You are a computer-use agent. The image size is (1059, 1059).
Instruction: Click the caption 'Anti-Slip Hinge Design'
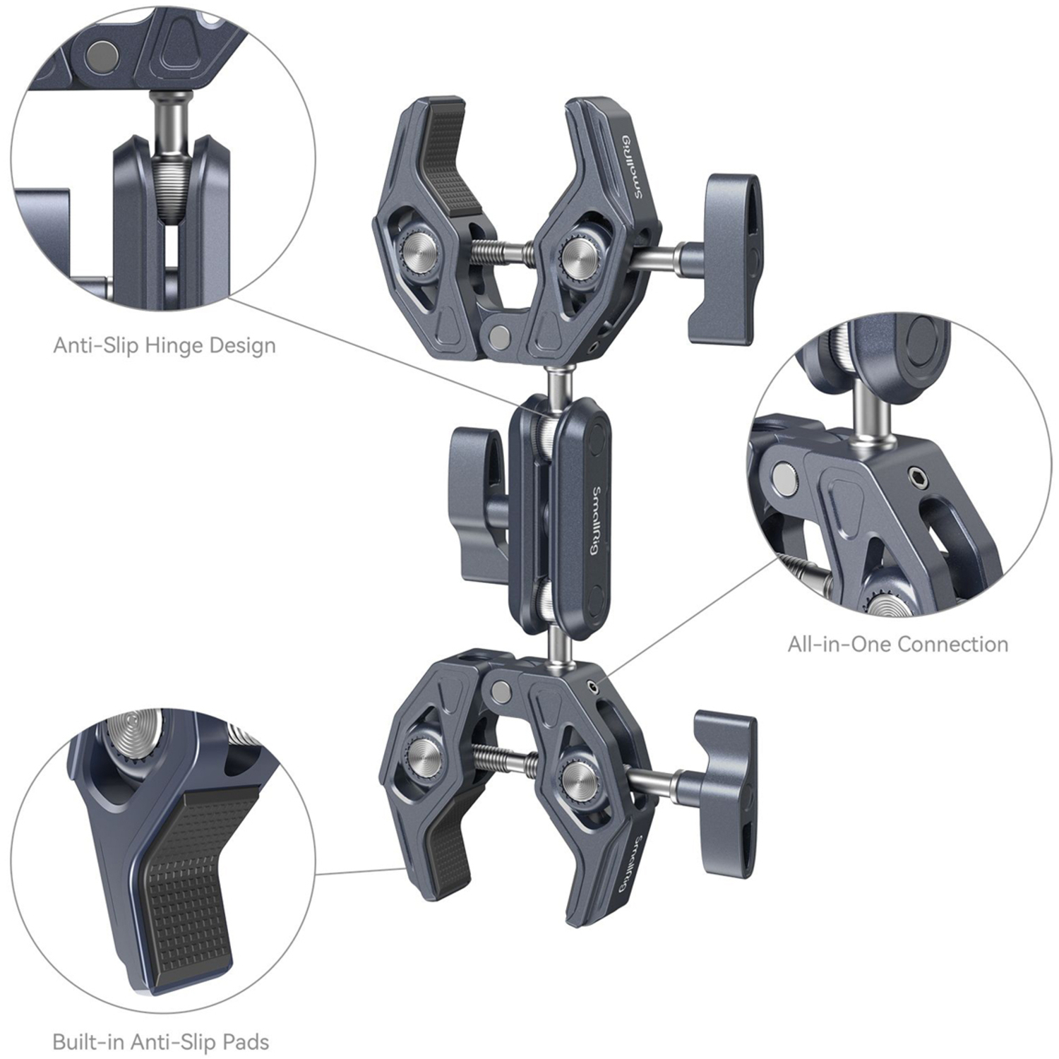coord(164,345)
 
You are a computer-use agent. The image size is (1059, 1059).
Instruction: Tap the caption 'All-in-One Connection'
coord(897,644)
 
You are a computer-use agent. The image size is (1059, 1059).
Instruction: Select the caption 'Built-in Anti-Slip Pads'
coord(161,1042)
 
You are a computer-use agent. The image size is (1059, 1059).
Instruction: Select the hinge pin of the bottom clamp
coord(502,690)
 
